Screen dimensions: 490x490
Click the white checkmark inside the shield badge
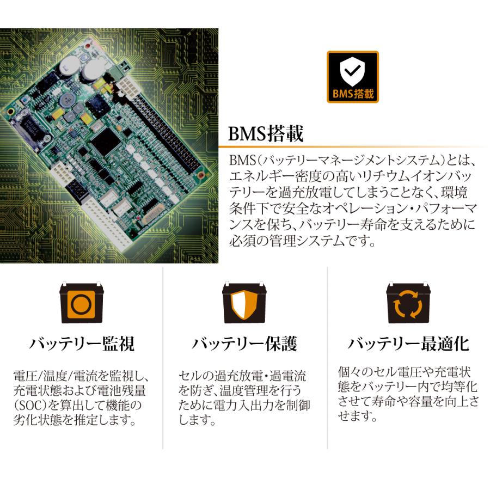coord(352,71)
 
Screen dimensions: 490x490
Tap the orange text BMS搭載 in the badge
coord(352,94)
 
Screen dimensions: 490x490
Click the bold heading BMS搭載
coord(266,134)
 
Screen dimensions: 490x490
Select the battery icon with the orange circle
coord(81,304)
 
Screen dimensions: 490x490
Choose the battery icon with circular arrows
coord(407,304)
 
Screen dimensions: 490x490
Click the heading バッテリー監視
coord(82,344)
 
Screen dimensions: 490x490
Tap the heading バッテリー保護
coord(244,344)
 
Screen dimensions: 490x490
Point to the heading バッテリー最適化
coord(408,344)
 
